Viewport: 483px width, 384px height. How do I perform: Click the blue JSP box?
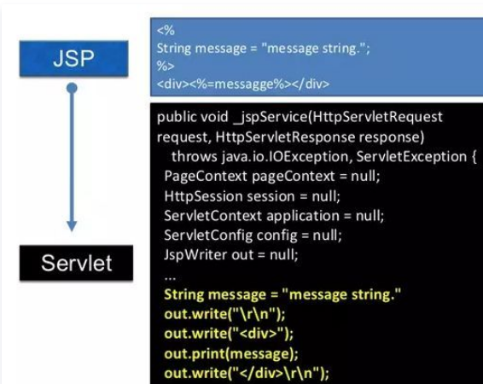(74, 59)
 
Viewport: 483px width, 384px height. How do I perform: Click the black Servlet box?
(77, 263)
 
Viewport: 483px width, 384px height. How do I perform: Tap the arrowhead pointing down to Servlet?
(72, 225)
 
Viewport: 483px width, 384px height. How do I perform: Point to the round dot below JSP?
(72, 88)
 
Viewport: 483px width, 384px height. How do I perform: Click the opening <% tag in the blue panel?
(166, 31)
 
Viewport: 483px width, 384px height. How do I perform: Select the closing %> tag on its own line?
(166, 66)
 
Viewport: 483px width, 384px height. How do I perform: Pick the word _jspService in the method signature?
(271, 117)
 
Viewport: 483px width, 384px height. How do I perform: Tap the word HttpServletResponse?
(285, 137)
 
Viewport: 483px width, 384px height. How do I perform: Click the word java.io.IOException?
(285, 157)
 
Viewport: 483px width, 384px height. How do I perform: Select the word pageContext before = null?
(294, 177)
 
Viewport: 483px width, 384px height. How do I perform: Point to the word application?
(303, 216)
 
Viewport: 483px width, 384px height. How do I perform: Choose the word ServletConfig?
(208, 236)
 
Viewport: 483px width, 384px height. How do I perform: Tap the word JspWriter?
(195, 254)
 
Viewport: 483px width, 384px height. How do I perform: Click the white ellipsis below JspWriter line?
(171, 278)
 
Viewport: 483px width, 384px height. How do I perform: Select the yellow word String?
(183, 294)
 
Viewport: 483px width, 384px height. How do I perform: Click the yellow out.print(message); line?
(231, 354)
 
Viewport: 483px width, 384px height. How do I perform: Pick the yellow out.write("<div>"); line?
(229, 334)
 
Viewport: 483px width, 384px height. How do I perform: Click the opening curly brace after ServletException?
(474, 157)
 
